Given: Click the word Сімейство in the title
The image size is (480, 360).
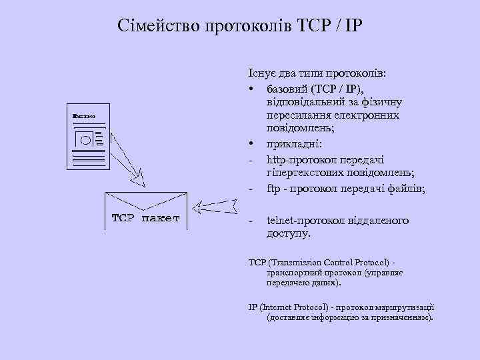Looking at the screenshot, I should pyautogui.click(x=151, y=27).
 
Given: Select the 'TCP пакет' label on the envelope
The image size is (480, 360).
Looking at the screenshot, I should pyautogui.click(x=145, y=218).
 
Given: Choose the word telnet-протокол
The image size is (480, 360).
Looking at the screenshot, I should pyautogui.click(x=305, y=220).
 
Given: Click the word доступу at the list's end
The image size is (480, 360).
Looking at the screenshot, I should pyautogui.click(x=288, y=234).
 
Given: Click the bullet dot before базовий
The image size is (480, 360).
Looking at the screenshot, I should pyautogui.click(x=252, y=89).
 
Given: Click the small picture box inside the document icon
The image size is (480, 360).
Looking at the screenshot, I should pyautogui.click(x=85, y=140).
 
